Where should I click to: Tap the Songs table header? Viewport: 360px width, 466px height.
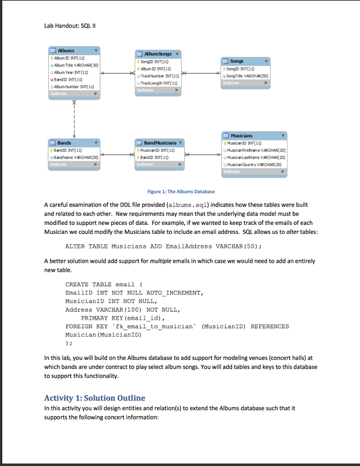pos(246,61)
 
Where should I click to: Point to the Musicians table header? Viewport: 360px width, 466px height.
pos(254,136)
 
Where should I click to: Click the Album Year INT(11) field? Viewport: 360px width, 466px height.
pos(71,72)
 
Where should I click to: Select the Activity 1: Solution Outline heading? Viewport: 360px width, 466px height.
pos(95,398)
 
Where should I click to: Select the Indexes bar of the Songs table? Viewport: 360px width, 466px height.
pos(246,83)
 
